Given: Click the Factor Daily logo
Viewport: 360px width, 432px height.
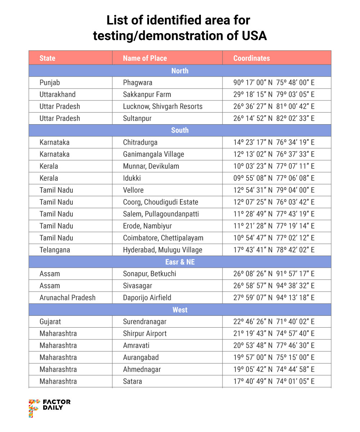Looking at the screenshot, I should point(49,408).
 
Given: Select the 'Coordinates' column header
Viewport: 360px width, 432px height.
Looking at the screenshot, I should point(251,58).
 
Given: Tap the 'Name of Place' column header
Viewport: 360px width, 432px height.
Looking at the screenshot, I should point(145,58).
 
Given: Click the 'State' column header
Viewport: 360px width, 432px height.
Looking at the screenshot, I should point(48,58).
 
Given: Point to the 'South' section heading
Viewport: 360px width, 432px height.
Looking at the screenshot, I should point(180,130).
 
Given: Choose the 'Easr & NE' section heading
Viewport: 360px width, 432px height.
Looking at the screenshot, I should point(180,262).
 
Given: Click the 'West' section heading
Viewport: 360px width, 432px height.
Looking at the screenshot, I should point(180,310).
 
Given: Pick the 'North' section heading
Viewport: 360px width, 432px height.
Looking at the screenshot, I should point(180,71).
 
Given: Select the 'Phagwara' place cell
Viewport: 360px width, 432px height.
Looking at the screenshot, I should point(138,82).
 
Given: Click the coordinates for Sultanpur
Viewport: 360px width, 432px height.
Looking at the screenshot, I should point(274,118).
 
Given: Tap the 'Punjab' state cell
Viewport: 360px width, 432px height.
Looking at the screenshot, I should point(50,82).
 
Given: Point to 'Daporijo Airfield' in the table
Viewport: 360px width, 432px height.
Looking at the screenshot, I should point(147,298).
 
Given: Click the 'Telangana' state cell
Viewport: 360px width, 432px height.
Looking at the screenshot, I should point(55,250).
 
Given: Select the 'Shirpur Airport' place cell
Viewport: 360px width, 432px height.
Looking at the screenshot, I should point(145,333).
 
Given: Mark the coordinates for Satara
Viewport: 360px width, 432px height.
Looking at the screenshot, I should point(274,381).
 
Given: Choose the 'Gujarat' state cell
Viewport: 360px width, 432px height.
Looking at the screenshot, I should point(50,321).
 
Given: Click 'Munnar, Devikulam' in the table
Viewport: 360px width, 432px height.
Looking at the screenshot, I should point(151,166).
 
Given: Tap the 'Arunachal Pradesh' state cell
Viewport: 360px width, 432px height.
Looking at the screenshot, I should point(68,298).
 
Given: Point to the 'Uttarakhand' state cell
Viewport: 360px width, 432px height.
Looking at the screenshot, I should point(58,94).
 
